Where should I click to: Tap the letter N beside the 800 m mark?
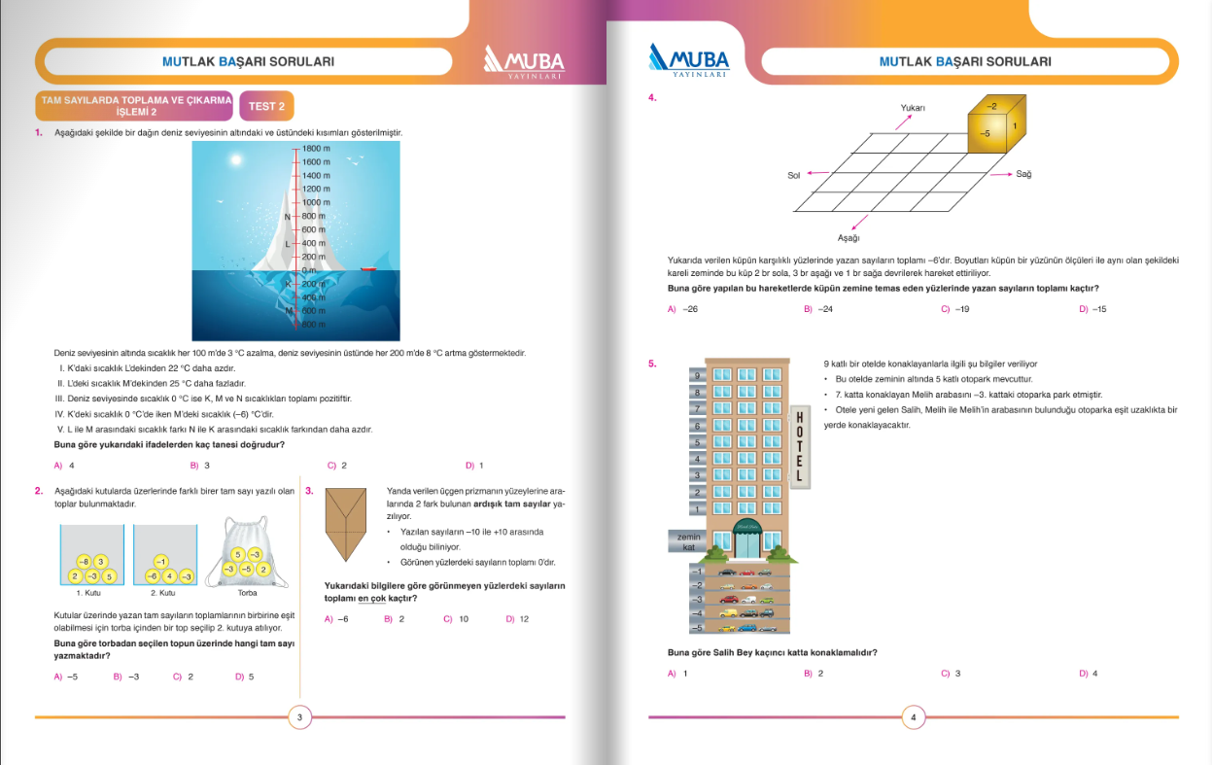click(x=287, y=217)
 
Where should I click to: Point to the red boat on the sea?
click(x=367, y=268)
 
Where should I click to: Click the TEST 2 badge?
click(x=266, y=106)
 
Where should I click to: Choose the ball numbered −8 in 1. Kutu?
click(x=84, y=562)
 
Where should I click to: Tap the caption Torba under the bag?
click(x=247, y=592)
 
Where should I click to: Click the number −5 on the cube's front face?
click(x=985, y=132)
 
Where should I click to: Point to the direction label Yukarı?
click(x=913, y=108)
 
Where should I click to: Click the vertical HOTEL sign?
click(x=799, y=446)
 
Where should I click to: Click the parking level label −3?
click(x=696, y=599)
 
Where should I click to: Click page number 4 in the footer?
click(x=914, y=718)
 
